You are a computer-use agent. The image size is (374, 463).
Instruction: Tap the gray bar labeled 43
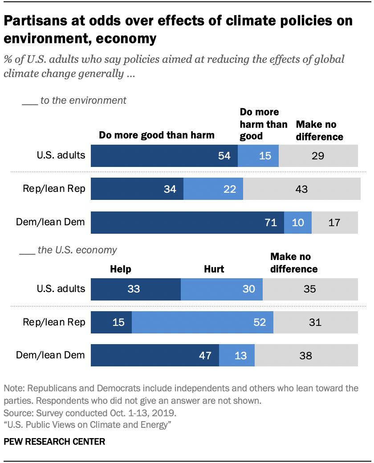tap(301, 189)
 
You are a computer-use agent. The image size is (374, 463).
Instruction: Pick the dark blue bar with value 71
tap(187, 222)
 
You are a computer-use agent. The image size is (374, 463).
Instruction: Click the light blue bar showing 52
tap(202, 322)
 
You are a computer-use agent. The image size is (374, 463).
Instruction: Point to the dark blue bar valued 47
tap(154, 355)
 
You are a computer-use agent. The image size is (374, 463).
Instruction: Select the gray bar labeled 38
tap(306, 355)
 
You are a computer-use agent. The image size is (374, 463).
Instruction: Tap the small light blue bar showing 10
tap(297, 222)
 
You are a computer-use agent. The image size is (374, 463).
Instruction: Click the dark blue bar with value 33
tap(135, 289)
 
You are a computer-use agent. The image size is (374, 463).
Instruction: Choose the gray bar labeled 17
tap(334, 222)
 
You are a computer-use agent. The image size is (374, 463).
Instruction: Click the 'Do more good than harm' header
tap(156, 135)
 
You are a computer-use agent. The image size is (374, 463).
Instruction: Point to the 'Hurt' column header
tap(214, 269)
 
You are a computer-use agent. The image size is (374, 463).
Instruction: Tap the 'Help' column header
tap(121, 269)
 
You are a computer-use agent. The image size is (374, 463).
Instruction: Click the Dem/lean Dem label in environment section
tap(50, 221)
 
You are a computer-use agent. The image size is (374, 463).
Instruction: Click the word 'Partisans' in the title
tap(40, 20)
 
